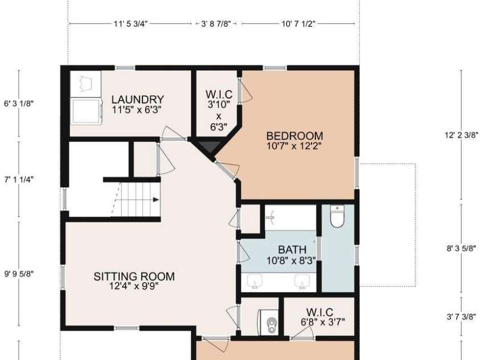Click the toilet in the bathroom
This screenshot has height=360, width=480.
(337, 216)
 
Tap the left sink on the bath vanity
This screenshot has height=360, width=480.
(255, 281)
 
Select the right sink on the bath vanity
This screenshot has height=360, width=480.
(302, 281)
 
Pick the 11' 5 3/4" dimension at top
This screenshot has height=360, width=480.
(131, 24)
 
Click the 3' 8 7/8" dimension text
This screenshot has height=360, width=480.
(216, 24)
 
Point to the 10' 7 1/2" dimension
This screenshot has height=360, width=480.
(298, 24)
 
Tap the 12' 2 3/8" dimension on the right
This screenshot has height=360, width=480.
(461, 135)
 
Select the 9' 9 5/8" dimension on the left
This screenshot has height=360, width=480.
(19, 273)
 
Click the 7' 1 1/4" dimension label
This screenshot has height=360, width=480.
(19, 179)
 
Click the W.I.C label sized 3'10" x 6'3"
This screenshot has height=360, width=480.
(219, 110)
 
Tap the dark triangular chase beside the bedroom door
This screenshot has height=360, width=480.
(209, 146)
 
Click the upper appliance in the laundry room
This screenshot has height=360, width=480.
(86, 84)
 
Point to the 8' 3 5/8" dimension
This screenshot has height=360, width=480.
(461, 248)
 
